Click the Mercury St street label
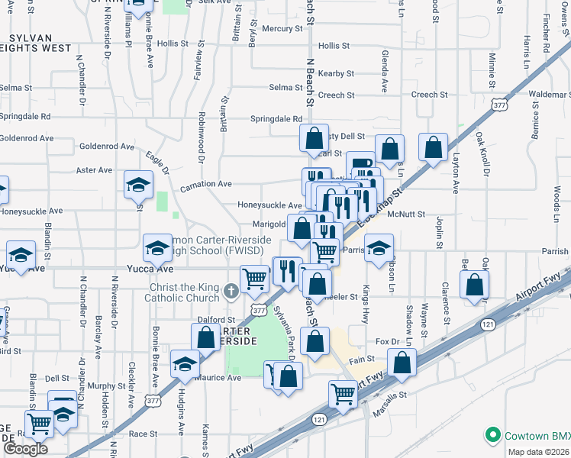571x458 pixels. click(x=282, y=28)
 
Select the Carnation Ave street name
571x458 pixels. click(x=205, y=184)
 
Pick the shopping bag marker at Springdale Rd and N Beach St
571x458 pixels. click(x=314, y=138)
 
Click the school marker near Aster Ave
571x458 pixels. click(x=139, y=184)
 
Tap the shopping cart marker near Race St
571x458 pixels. click(x=39, y=424)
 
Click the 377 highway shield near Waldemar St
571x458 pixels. click(x=500, y=104)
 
